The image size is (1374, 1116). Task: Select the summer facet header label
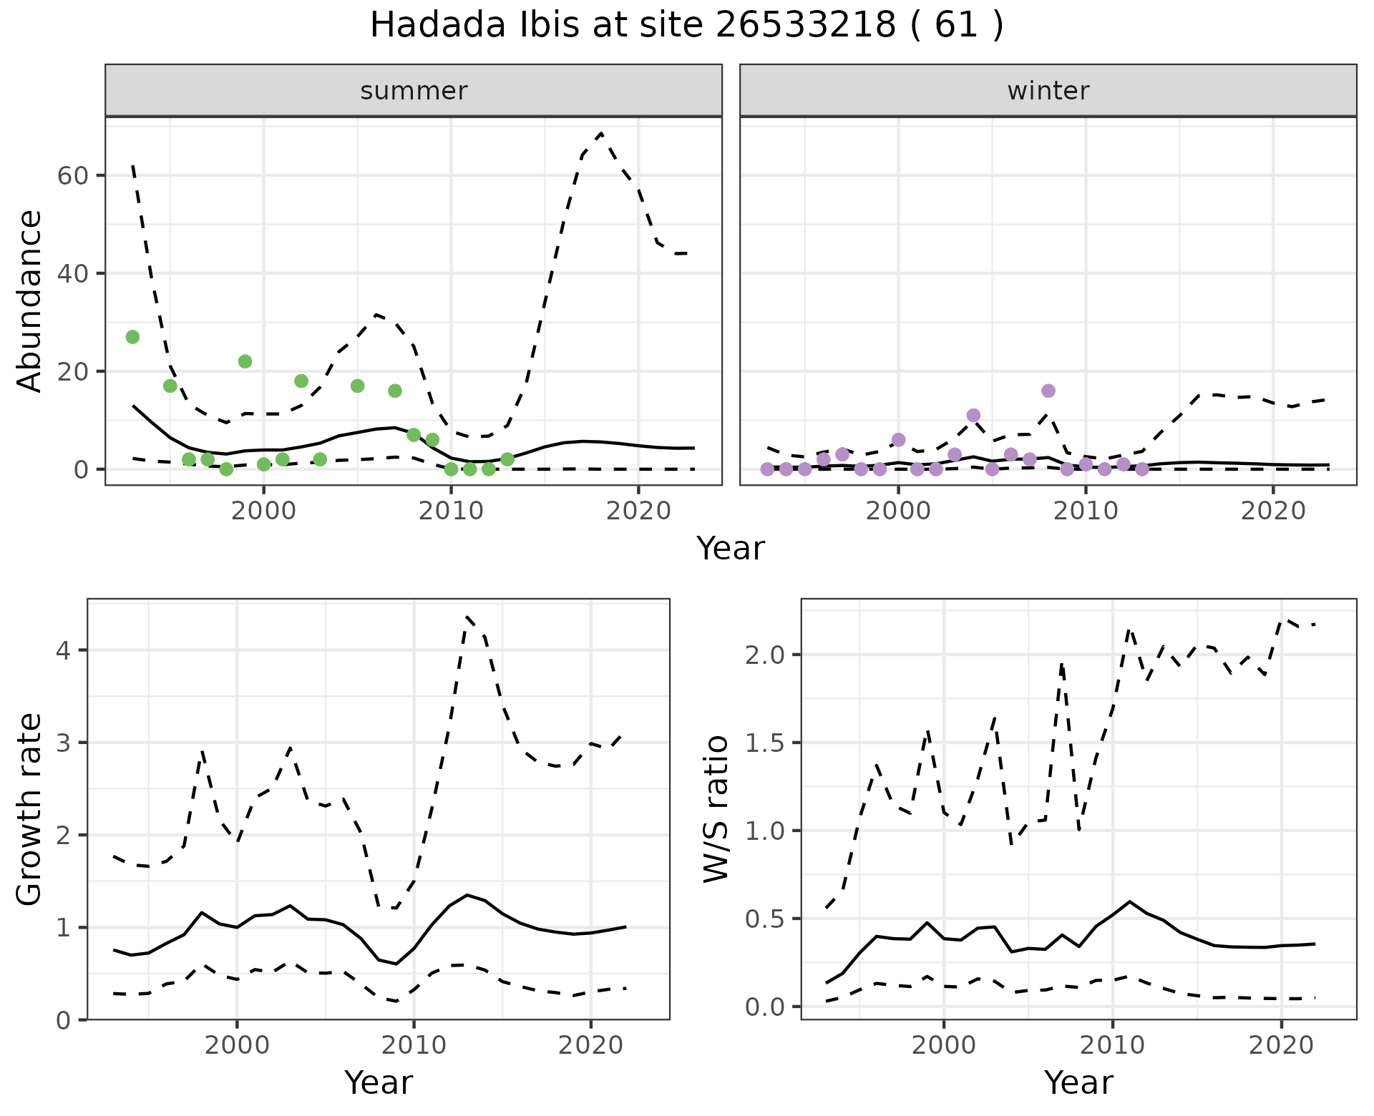414,91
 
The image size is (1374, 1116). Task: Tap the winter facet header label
1048,91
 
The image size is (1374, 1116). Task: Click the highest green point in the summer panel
132,337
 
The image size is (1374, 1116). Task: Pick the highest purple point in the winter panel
1048,391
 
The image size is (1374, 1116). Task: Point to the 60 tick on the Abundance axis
72,176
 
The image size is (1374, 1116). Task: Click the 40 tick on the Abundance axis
72,274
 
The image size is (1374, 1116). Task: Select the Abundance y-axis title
30,300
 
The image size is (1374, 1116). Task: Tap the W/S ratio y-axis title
716,809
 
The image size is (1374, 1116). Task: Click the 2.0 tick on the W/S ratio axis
765,655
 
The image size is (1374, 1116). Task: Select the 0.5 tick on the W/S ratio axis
765,919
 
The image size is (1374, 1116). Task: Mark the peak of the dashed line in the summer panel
600,134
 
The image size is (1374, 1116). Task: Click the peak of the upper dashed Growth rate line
467,616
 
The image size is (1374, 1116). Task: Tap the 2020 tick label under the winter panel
1273,511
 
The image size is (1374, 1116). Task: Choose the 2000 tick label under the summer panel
263,511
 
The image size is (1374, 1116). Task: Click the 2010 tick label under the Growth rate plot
414,1046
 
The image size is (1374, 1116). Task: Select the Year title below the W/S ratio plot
1078,1083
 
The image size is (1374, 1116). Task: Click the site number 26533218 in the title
804,26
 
